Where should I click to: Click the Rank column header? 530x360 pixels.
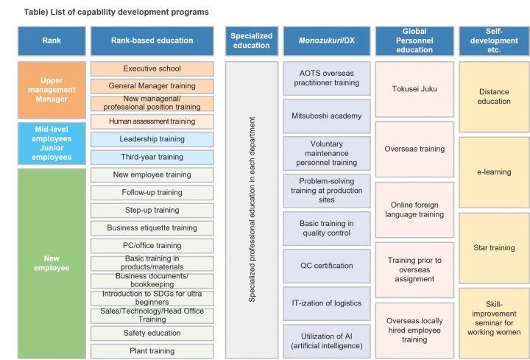coord(52,40)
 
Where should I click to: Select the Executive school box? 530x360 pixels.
coord(152,68)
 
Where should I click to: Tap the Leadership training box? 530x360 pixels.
coord(152,139)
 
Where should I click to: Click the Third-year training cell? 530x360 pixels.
coord(152,157)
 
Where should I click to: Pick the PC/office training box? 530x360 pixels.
coord(152,245)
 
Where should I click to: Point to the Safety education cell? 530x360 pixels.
coord(152,333)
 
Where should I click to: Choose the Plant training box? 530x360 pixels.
coord(152,350)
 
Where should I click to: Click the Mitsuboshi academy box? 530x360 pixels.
coord(326,116)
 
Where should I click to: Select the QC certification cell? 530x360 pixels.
coord(326,266)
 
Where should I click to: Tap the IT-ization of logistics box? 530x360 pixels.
coord(326,303)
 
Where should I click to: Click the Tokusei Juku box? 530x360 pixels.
coord(414,89)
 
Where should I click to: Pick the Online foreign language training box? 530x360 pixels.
coord(414,210)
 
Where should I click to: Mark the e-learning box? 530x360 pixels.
coord(494,172)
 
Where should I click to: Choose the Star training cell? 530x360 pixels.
coord(494,248)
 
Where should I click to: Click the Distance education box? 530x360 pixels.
coord(494,96)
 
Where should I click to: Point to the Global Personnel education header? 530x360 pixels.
coord(414,40)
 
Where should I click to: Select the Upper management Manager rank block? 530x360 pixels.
coord(52,90)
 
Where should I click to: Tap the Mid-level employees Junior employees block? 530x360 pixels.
coord(52,143)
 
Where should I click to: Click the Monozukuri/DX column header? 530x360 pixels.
coord(326,40)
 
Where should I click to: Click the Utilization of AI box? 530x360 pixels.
coord(326,341)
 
